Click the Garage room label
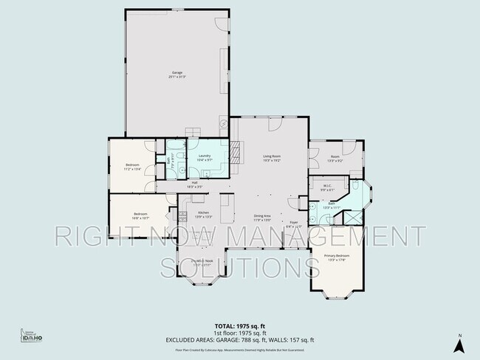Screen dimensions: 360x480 [x=176, y=74]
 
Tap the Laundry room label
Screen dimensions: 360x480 [x=205, y=158]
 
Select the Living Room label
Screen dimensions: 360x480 [x=271, y=158]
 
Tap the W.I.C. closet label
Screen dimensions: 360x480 [x=327, y=187]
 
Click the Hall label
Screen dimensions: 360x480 [x=194, y=184]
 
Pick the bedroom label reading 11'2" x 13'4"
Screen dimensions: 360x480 [x=133, y=166]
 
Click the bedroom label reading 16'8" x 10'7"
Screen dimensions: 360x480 [x=141, y=215]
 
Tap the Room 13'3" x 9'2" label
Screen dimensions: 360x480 [x=335, y=158]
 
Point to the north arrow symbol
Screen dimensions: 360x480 [x=459, y=343]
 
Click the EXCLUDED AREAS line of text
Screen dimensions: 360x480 [x=239, y=339]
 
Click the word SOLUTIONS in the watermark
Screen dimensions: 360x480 [x=239, y=266]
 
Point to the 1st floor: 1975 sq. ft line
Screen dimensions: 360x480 [x=239, y=333]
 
